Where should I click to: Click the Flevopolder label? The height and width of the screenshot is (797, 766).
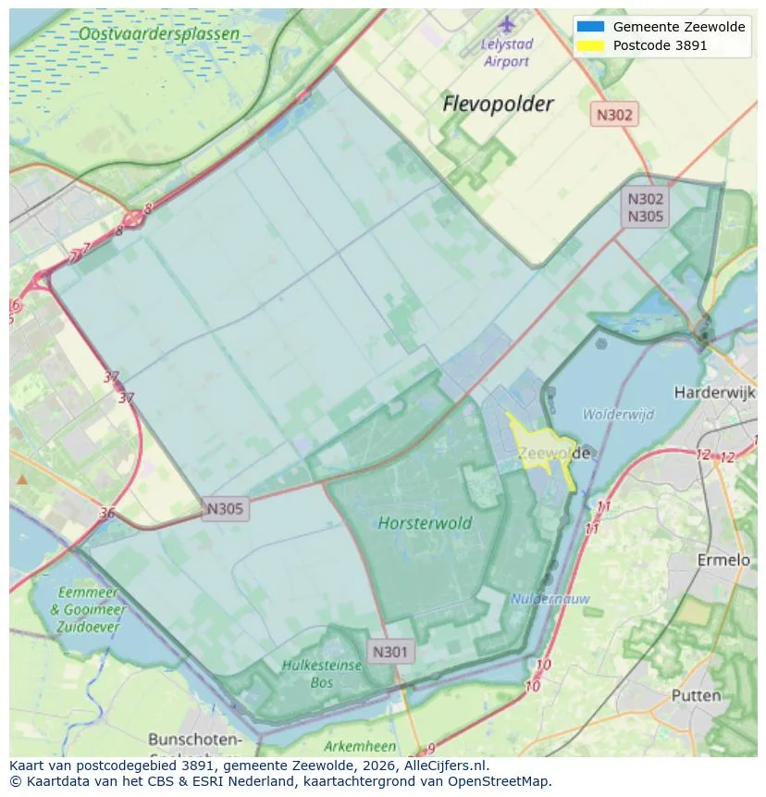coord(498,104)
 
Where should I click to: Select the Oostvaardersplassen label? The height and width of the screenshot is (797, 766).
coord(158,34)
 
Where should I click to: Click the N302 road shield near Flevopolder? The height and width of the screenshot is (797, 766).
coord(614,115)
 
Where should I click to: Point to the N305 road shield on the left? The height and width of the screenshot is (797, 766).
coord(225,508)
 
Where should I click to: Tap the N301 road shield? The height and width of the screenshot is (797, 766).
coord(389,652)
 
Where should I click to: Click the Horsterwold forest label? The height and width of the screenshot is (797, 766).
coord(425,523)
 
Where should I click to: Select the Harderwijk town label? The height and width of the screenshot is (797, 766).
coord(715,392)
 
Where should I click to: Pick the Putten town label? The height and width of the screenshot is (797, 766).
coord(696,695)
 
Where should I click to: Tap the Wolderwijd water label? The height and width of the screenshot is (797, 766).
coord(618,414)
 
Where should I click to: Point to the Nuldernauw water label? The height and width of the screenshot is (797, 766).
coord(550,599)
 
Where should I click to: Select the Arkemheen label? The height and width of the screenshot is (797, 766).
coord(360,746)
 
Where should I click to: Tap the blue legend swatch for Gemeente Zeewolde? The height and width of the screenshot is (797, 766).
coord(589,27)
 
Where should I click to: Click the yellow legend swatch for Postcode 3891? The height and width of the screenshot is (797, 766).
coord(589,45)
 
